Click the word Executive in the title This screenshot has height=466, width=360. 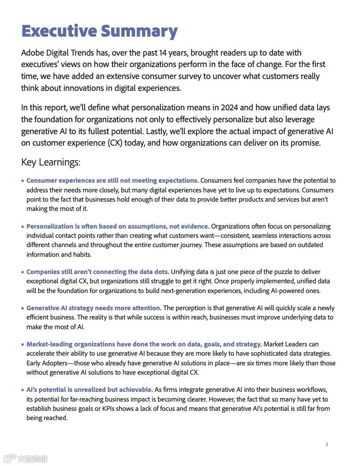(x=59, y=31)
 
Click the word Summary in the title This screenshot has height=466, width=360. (x=139, y=31)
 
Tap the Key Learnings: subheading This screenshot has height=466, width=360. (x=51, y=162)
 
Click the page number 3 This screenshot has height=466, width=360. (x=326, y=444)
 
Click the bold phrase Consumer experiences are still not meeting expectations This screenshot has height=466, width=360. (x=112, y=180)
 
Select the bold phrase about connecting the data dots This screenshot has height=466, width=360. (x=97, y=272)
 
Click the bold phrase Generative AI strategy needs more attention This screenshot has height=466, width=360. (x=94, y=308)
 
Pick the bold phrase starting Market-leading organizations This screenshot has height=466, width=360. (x=144, y=344)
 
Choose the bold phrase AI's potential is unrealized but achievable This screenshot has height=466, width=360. (x=90, y=390)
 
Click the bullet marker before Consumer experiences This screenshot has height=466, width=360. (x=22, y=181)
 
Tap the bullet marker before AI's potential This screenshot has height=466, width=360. (x=22, y=390)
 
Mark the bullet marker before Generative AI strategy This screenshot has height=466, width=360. (x=22, y=308)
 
